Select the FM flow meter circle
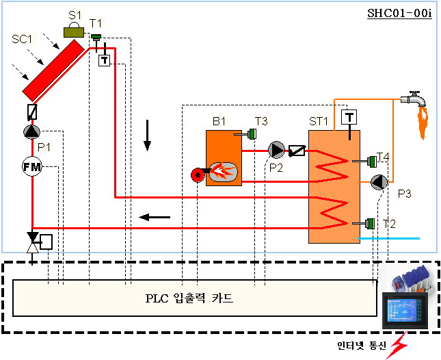(31, 166)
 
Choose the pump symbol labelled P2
(276, 150)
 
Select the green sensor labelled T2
(370, 223)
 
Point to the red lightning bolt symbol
(397, 346)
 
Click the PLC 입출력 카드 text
(189, 298)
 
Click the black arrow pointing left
(155, 218)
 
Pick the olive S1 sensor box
(72, 31)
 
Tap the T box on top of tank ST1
(349, 117)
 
